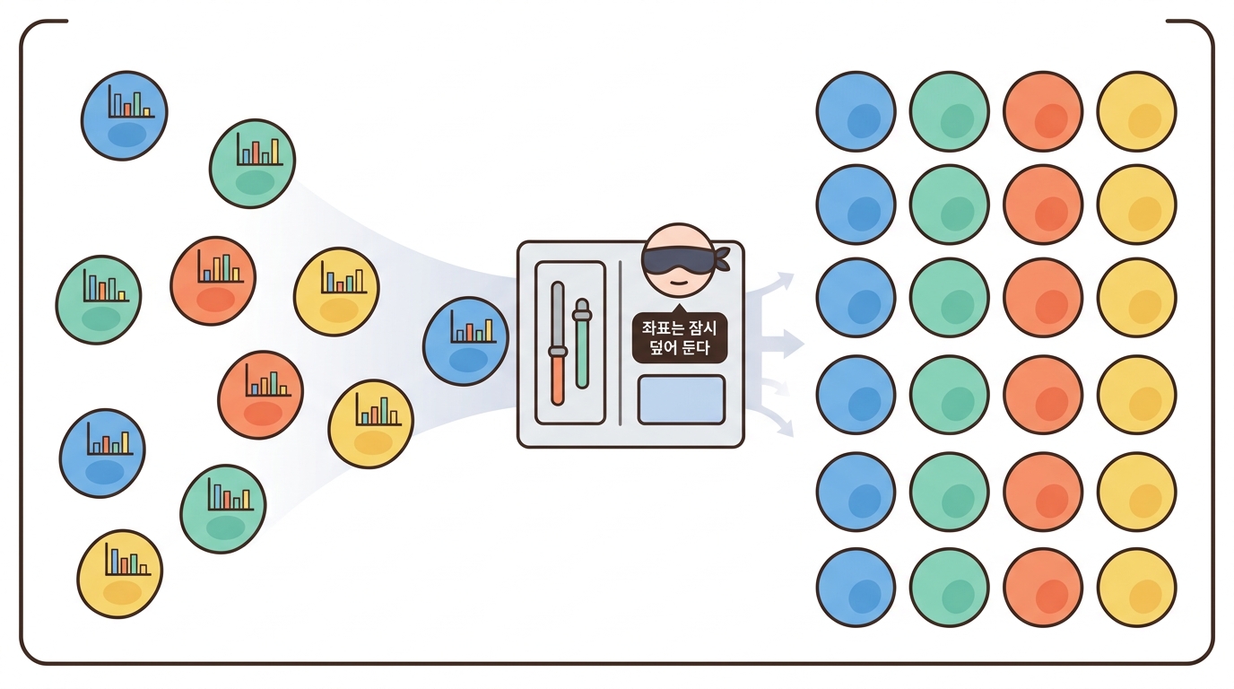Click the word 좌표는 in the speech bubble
point(660,328)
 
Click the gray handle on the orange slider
point(558,351)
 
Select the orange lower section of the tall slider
point(558,380)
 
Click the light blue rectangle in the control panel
point(681,399)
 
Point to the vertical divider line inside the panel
point(621,343)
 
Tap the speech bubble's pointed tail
point(678,309)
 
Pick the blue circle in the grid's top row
point(856,111)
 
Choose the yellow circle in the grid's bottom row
point(1136,588)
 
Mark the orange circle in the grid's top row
point(1043,111)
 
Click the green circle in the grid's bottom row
point(949,588)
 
